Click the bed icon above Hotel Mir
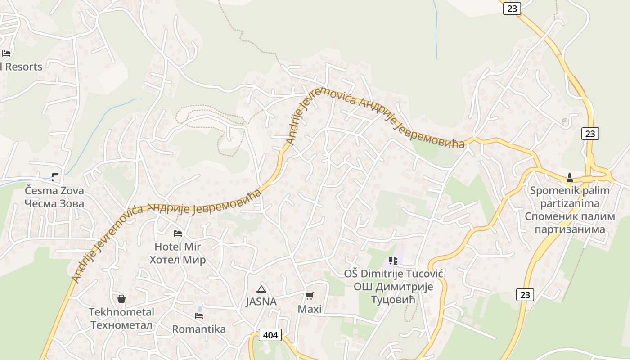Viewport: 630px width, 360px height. [178, 233]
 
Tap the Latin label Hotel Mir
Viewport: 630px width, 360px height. [177, 247]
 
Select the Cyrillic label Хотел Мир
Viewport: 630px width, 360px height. [177, 260]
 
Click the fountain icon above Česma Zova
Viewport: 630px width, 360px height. [55, 177]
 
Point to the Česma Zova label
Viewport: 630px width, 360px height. [54, 190]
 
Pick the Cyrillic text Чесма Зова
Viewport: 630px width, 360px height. [54, 203]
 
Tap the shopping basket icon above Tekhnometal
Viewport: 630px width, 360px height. [121, 298]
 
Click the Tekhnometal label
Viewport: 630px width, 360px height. [121, 312]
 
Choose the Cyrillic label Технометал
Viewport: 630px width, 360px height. [121, 324]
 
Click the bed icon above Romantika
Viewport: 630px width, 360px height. [199, 315]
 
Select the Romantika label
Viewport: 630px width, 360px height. [199, 329]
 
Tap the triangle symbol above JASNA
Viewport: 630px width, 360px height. [261, 288]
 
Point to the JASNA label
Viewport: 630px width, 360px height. [261, 301]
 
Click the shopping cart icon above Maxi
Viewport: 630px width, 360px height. [309, 296]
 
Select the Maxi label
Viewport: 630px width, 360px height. [310, 309]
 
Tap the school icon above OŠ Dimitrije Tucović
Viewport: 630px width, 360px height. [393, 260]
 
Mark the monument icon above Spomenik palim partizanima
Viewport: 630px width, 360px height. [569, 177]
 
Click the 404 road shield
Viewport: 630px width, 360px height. [270, 335]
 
